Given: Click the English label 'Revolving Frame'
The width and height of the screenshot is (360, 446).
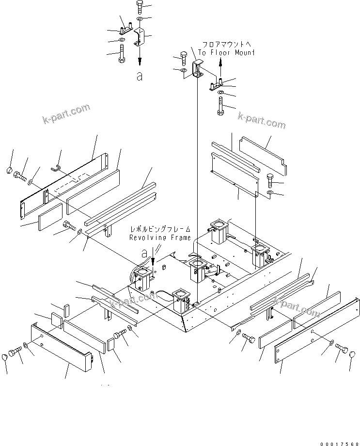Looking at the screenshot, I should pos(159,238).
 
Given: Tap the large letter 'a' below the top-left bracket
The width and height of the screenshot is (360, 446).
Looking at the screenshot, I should pos(140,76).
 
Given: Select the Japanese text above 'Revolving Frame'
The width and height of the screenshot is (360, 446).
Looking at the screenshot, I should pos(160,229).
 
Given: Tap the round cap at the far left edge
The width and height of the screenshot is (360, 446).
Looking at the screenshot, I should pos(10,170).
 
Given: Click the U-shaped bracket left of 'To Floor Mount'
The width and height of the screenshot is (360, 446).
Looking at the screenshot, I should pos(197,69).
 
